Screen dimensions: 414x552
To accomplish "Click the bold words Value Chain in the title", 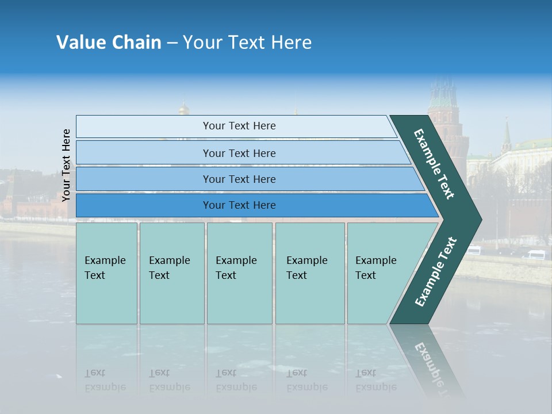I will click(x=109, y=43).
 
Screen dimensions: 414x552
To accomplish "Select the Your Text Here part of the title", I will click(x=247, y=43).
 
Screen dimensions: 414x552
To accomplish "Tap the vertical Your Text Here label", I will click(x=66, y=165).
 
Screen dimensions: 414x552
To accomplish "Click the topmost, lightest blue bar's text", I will click(x=239, y=126).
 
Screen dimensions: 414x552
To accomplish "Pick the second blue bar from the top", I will click(x=239, y=153).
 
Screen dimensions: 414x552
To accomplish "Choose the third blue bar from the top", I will click(x=239, y=179).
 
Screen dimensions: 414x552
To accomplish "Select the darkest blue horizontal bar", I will click(x=239, y=205).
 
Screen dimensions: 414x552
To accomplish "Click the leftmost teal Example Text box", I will click(x=106, y=273).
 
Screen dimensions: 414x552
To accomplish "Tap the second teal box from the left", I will click(x=171, y=273).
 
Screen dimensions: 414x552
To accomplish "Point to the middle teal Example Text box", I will click(x=239, y=273).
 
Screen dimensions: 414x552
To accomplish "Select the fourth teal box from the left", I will click(x=309, y=273).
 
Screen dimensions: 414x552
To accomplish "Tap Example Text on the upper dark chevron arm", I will click(x=434, y=164).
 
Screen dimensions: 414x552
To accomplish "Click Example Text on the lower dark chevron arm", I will click(x=436, y=272).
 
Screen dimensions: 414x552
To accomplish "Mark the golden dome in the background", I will click(x=184, y=108).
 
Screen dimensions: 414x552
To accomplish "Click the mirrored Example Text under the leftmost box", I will click(x=105, y=380).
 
